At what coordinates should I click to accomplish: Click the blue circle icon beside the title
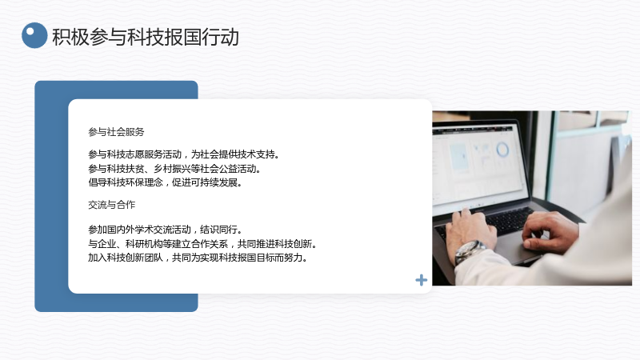click(x=34, y=35)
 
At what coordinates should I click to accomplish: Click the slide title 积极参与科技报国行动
click(x=146, y=37)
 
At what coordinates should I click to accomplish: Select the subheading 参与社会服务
click(x=116, y=132)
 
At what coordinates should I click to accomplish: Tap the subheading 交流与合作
click(x=111, y=205)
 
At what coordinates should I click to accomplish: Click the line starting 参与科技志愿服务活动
click(x=184, y=154)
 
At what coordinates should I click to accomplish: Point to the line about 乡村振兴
click(x=174, y=169)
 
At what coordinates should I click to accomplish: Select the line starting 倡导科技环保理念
click(x=166, y=182)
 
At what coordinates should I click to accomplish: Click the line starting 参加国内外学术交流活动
click(x=166, y=230)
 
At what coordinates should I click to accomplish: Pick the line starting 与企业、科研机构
click(x=202, y=244)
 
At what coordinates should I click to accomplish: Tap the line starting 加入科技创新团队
click(x=198, y=258)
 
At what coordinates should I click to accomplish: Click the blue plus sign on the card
click(x=422, y=280)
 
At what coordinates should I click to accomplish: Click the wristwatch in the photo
click(x=468, y=250)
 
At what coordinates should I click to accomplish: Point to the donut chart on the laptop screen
click(x=502, y=150)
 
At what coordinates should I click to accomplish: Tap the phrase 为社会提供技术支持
click(x=235, y=154)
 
